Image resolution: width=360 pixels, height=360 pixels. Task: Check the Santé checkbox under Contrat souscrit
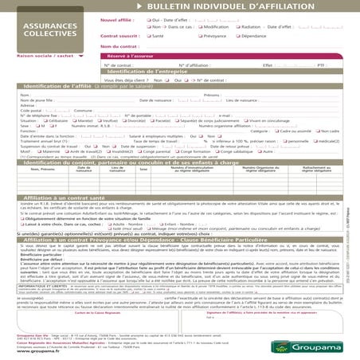coord(148,36)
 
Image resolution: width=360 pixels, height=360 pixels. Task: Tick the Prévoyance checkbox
coord(197,36)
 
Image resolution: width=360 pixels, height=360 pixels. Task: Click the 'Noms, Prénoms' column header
coord(43,169)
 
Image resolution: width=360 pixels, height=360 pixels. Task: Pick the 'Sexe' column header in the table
coord(143,169)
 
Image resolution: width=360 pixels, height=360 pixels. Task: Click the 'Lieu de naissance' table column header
coord(117,169)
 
